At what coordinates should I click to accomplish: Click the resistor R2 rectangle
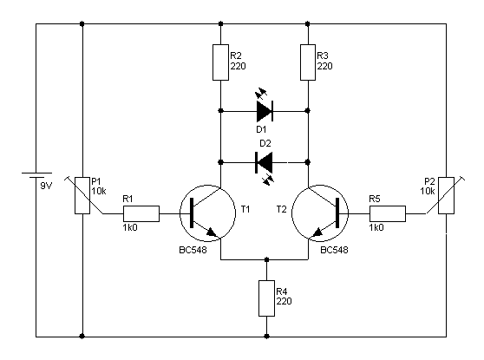220,62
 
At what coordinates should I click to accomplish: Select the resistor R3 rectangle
308,62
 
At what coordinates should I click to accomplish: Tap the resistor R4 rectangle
266,298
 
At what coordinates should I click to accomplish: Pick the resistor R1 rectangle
141,213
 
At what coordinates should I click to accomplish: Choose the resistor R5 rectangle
388,213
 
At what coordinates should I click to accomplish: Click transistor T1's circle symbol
207,213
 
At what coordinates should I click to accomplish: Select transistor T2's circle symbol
320,213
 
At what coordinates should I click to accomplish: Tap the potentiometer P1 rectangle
82,195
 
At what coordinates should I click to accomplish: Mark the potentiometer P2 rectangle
447,195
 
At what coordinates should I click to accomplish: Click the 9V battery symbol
36,175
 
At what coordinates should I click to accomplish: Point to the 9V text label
46,186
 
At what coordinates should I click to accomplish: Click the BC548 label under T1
193,250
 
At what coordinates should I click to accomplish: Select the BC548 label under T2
334,250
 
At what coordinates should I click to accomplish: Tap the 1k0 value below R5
376,227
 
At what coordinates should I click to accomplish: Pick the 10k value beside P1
99,191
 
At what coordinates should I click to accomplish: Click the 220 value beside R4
284,301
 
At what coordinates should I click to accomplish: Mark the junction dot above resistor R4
266,259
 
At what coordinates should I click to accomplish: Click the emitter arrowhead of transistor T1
213,232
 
